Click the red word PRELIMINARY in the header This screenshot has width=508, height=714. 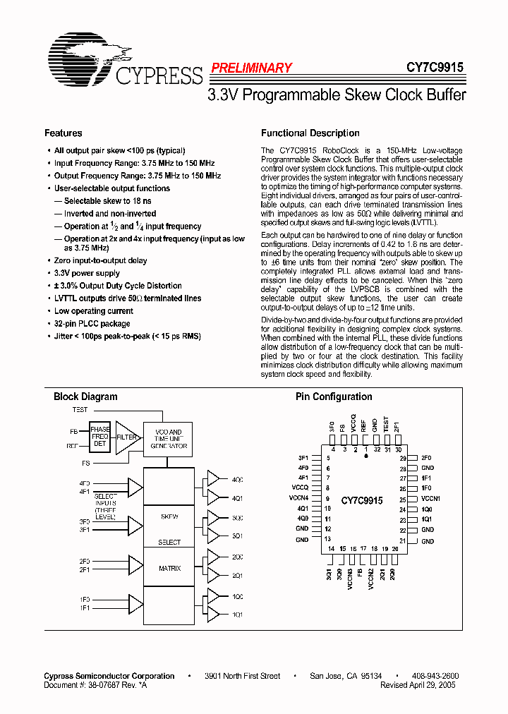click(x=251, y=68)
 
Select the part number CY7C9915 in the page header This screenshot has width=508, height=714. click(x=435, y=68)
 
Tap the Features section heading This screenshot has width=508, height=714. click(x=64, y=133)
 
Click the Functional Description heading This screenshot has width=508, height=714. click(x=310, y=133)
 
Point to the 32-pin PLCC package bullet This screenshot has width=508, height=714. click(x=92, y=323)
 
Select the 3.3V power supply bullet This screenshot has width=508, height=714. click(x=87, y=273)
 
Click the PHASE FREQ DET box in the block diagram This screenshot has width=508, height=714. click(x=99, y=437)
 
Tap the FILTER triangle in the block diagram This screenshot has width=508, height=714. click(x=126, y=437)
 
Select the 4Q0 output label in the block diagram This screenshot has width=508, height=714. click(x=237, y=480)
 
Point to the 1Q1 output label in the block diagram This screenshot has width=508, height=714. click(x=237, y=615)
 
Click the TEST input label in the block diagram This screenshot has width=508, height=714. click(x=80, y=409)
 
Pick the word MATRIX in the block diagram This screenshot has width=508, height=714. click(x=169, y=568)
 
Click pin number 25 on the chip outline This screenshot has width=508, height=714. click(x=402, y=499)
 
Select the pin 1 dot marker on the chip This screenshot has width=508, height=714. click(x=366, y=456)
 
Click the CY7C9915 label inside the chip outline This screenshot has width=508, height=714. click(x=362, y=500)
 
